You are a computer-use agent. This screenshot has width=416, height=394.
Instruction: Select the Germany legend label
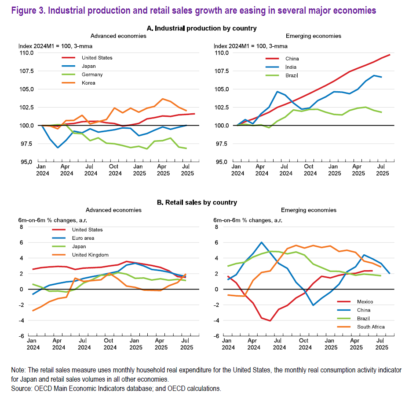coord(92,74)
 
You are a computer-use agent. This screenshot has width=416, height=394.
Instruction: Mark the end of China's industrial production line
coord(390,55)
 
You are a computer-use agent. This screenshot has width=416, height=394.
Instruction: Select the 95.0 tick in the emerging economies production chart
coord(221,162)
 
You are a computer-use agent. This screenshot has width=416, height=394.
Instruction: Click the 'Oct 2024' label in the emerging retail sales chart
coord(303,344)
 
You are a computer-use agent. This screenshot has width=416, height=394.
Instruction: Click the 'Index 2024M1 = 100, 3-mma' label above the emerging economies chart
coord(251,46)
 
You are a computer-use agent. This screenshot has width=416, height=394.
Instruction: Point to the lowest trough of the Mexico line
coord(270,320)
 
